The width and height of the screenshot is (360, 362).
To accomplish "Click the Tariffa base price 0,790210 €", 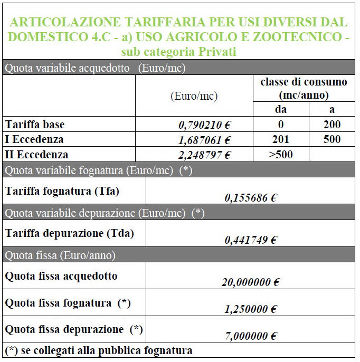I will click(x=206, y=126).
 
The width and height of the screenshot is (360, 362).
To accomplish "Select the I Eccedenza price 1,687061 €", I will click(x=206, y=140).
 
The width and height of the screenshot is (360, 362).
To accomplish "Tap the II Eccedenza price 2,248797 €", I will click(x=206, y=155).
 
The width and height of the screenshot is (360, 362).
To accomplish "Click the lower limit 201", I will click(x=281, y=140).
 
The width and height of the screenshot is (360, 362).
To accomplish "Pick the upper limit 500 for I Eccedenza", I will click(x=333, y=140).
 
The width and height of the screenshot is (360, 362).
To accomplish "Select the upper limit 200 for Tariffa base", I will click(x=333, y=125).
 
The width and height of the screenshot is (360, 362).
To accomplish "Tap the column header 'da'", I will click(x=281, y=110).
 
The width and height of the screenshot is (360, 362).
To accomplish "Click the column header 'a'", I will click(x=332, y=110).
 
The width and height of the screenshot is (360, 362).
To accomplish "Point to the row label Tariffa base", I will click(x=34, y=125).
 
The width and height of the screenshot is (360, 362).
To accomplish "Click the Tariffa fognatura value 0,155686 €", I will click(x=251, y=198).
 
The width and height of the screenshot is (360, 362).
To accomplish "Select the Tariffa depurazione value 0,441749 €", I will click(x=251, y=240).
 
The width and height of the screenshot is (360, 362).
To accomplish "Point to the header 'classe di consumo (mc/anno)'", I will click(x=304, y=89).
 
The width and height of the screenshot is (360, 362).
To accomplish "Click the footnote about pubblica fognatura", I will click(x=99, y=350).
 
